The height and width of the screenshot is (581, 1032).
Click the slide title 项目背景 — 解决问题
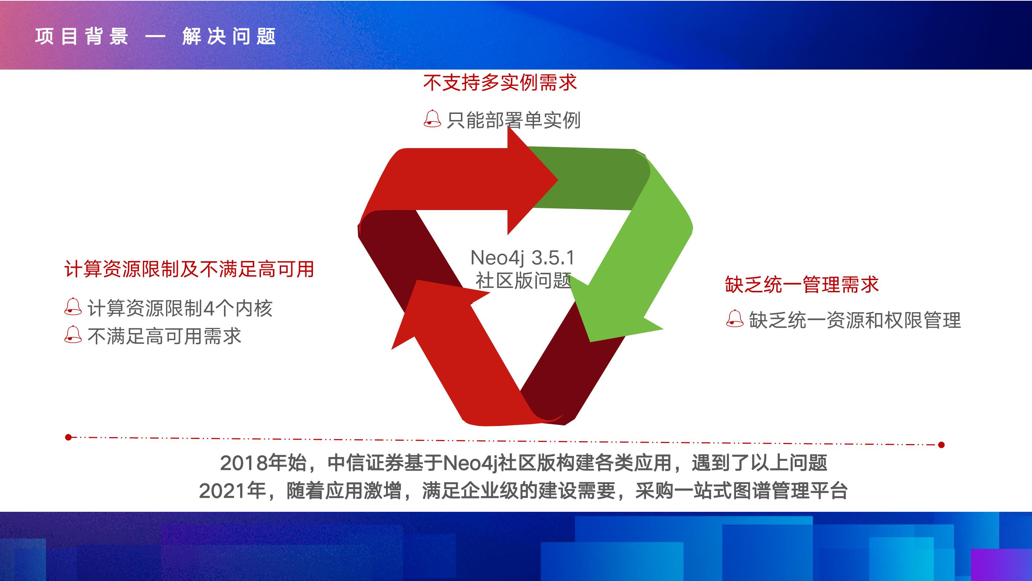(x=156, y=36)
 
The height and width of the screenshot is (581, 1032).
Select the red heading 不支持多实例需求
(x=500, y=83)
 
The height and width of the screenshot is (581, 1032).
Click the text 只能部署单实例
(x=513, y=120)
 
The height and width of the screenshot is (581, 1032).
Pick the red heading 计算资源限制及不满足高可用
(x=189, y=269)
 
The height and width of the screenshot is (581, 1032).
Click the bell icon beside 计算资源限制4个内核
(x=73, y=307)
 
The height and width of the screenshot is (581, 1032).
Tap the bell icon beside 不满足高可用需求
(x=73, y=335)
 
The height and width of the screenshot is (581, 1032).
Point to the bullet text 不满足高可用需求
(x=164, y=336)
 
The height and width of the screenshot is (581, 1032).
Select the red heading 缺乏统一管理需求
(x=802, y=285)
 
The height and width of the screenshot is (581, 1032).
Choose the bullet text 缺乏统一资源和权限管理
(x=855, y=320)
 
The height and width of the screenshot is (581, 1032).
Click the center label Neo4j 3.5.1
(x=522, y=258)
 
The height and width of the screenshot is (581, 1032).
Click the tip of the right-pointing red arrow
(x=558, y=179)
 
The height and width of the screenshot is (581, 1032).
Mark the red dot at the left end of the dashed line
(x=68, y=437)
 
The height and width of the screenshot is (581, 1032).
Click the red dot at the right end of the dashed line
(x=942, y=445)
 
